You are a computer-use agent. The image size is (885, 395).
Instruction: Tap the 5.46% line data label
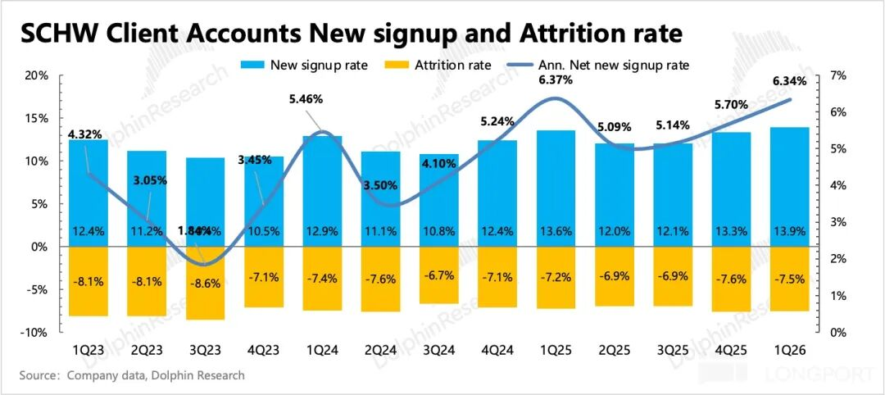click(x=306, y=99)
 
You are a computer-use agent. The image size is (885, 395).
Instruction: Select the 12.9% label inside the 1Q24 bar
click(x=321, y=232)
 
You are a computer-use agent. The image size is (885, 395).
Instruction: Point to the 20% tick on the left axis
click(x=38, y=75)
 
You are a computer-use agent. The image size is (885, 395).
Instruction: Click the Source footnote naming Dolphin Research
click(x=132, y=375)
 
